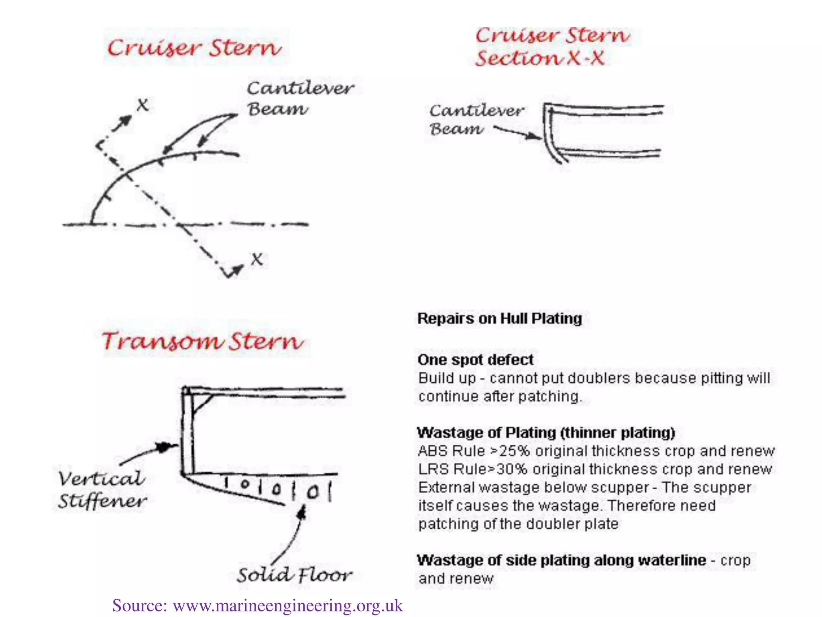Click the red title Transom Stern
[x=203, y=341]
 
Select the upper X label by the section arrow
[x=142, y=105]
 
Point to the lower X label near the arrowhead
[x=257, y=259]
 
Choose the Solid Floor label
[x=294, y=575]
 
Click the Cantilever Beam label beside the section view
[x=476, y=120]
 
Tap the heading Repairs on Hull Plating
[x=500, y=319]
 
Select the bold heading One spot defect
[x=476, y=360]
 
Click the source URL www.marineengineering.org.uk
[x=287, y=605]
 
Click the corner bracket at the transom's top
[x=201, y=402]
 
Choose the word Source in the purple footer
[x=139, y=605]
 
